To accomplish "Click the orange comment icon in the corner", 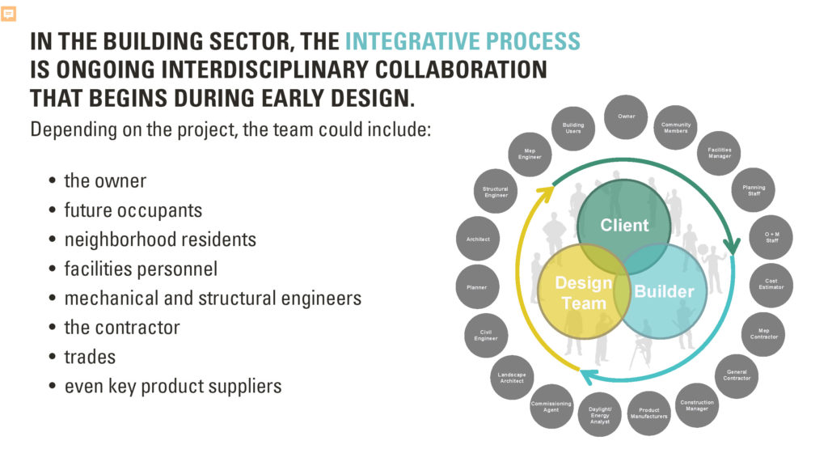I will (9, 14).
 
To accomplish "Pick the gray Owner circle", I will (627, 116).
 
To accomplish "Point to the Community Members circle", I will (676, 128).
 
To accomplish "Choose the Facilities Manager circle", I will (719, 153).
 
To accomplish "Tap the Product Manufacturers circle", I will (648, 413).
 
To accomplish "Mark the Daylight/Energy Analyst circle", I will (600, 414).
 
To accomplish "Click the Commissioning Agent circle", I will (551, 406).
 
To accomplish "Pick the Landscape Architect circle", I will (511, 378).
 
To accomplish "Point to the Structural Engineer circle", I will (496, 192).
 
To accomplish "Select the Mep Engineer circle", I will (530, 154).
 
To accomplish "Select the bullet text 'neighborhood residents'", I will (160, 239).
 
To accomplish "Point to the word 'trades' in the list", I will (90, 356).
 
